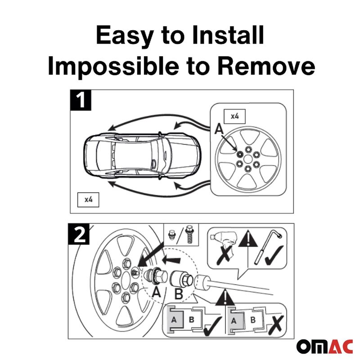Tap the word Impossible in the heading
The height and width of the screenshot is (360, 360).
point(113,66)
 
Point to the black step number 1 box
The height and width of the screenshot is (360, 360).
point(81,100)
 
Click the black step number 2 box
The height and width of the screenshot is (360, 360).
point(79,234)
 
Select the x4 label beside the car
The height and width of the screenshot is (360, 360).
point(88,200)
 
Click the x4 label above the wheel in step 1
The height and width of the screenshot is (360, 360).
point(234,117)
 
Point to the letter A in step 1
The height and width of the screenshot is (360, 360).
point(219,129)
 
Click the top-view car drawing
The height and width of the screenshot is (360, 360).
point(142,156)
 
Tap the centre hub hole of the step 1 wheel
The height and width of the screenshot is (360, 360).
point(248,159)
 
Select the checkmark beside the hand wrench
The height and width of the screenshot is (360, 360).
point(274,255)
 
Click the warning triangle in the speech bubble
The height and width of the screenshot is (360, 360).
point(248,239)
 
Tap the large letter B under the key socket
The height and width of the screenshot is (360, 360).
point(179,294)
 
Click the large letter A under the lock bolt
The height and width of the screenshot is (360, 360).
point(156,292)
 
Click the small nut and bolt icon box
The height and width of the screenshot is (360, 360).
point(181,234)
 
